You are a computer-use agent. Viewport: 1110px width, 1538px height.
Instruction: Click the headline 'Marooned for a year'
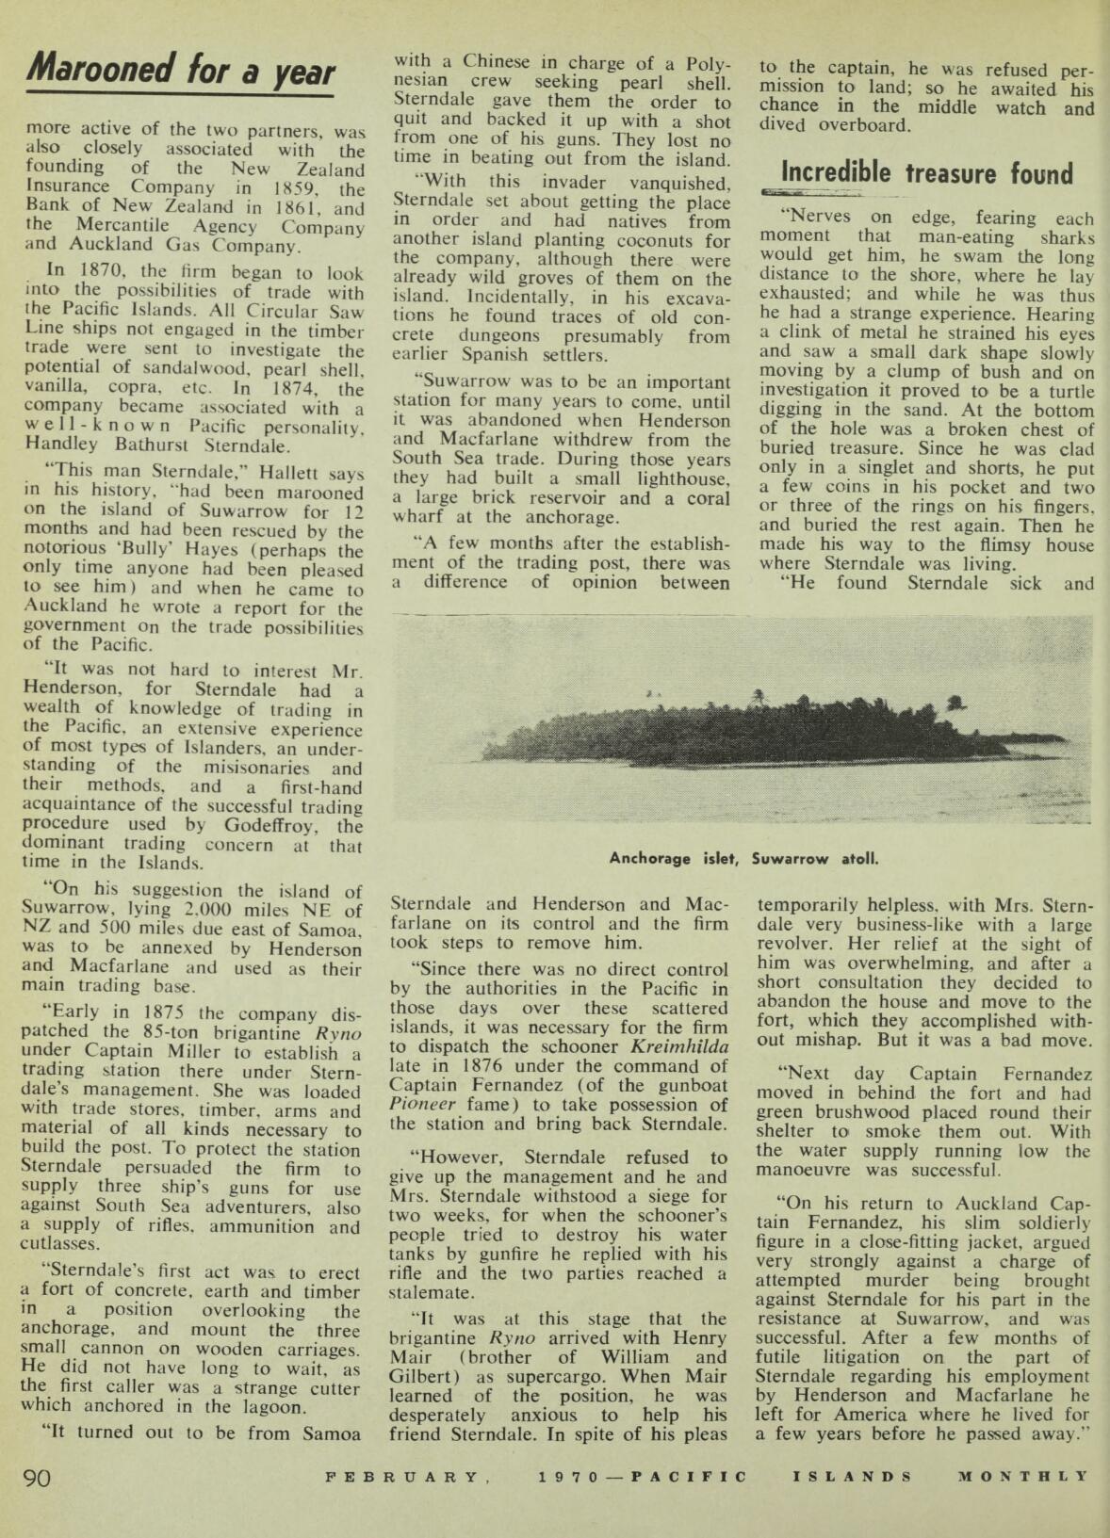tap(181, 72)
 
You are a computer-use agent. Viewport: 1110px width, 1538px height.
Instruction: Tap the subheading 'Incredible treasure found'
tap(928, 173)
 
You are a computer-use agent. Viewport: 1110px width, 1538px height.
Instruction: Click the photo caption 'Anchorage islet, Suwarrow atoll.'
tap(743, 858)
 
